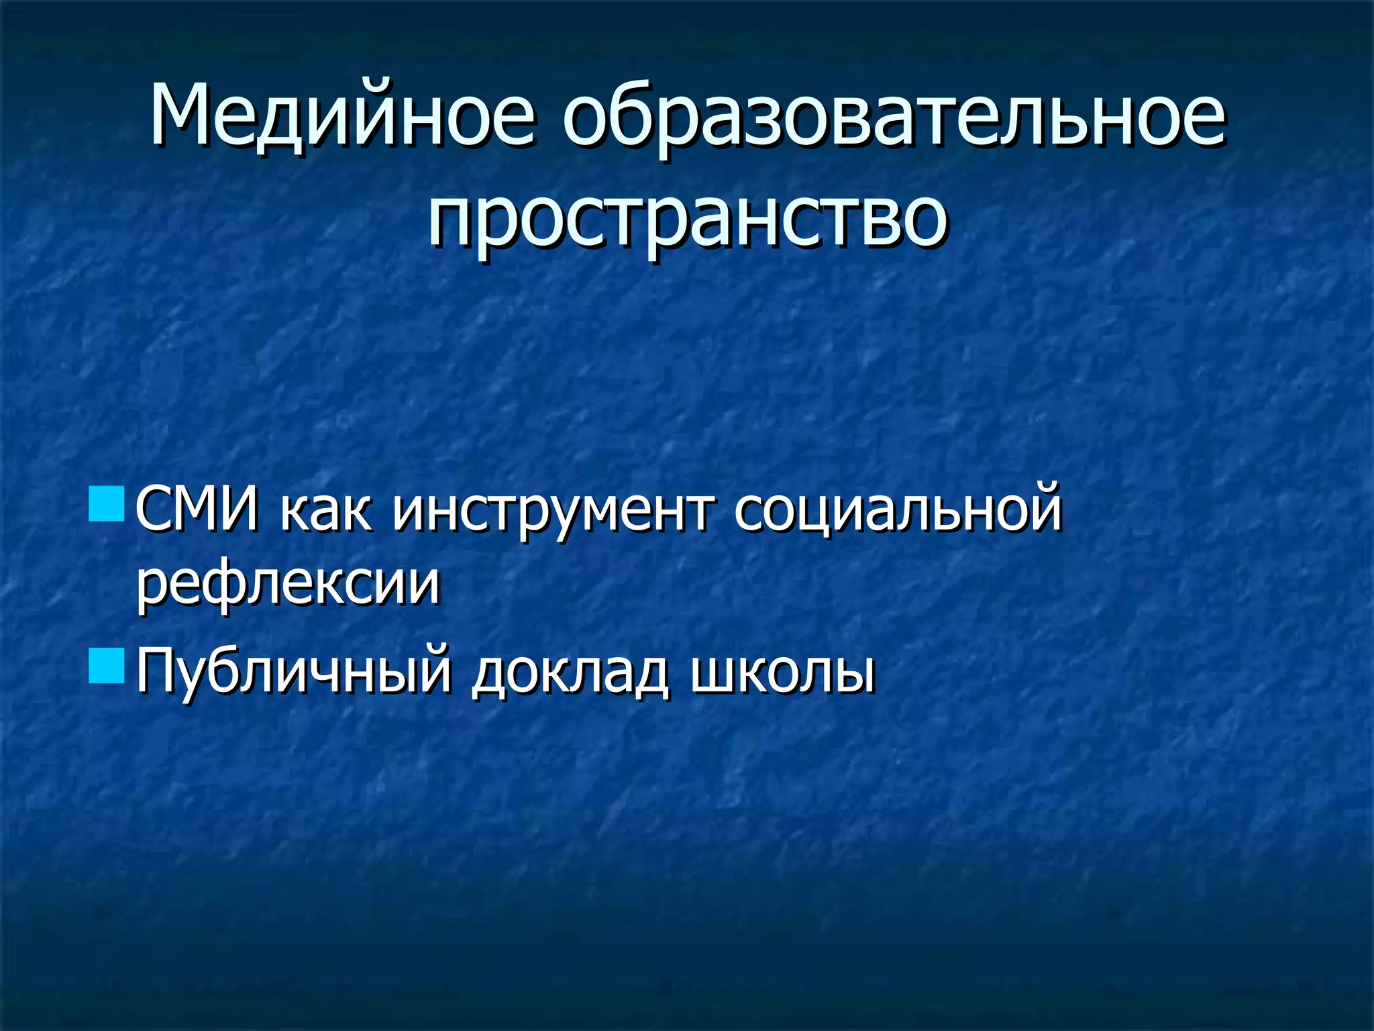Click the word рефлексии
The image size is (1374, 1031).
[288, 584]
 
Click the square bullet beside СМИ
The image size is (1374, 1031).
[106, 505]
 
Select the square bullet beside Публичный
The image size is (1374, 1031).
[106, 666]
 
